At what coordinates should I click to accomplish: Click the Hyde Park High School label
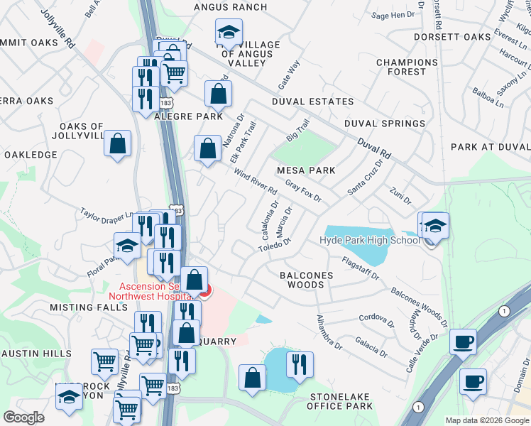point(370,240)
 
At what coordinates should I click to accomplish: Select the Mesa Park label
point(306,170)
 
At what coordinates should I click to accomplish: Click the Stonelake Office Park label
point(339,400)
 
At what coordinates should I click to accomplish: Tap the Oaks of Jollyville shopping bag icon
point(118,143)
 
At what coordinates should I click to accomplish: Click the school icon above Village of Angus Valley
point(229,31)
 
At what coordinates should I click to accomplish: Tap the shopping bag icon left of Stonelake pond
point(252,377)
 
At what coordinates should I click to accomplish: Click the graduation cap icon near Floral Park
point(127,245)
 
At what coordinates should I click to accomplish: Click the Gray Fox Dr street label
point(304,190)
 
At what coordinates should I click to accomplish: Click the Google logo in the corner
point(23,417)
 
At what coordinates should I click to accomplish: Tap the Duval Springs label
point(385,124)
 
